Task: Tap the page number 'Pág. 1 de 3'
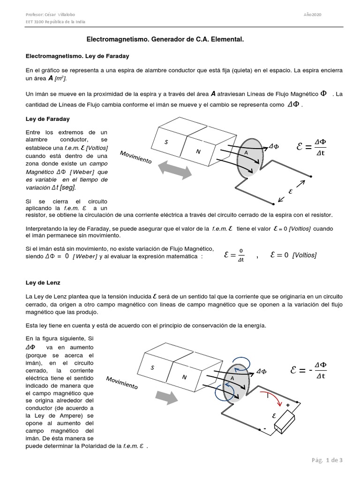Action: pyautogui.click(x=327, y=460)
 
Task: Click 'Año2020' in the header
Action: pyautogui.click(x=312, y=15)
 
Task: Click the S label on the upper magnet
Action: pyautogui.click(x=166, y=142)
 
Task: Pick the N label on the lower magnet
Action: pyautogui.click(x=184, y=377)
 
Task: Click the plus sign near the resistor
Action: pyautogui.click(x=288, y=405)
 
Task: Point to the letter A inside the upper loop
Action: pyautogui.click(x=246, y=153)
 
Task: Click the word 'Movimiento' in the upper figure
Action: pyautogui.click(x=136, y=157)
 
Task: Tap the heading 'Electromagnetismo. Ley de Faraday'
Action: pyautogui.click(x=78, y=56)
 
